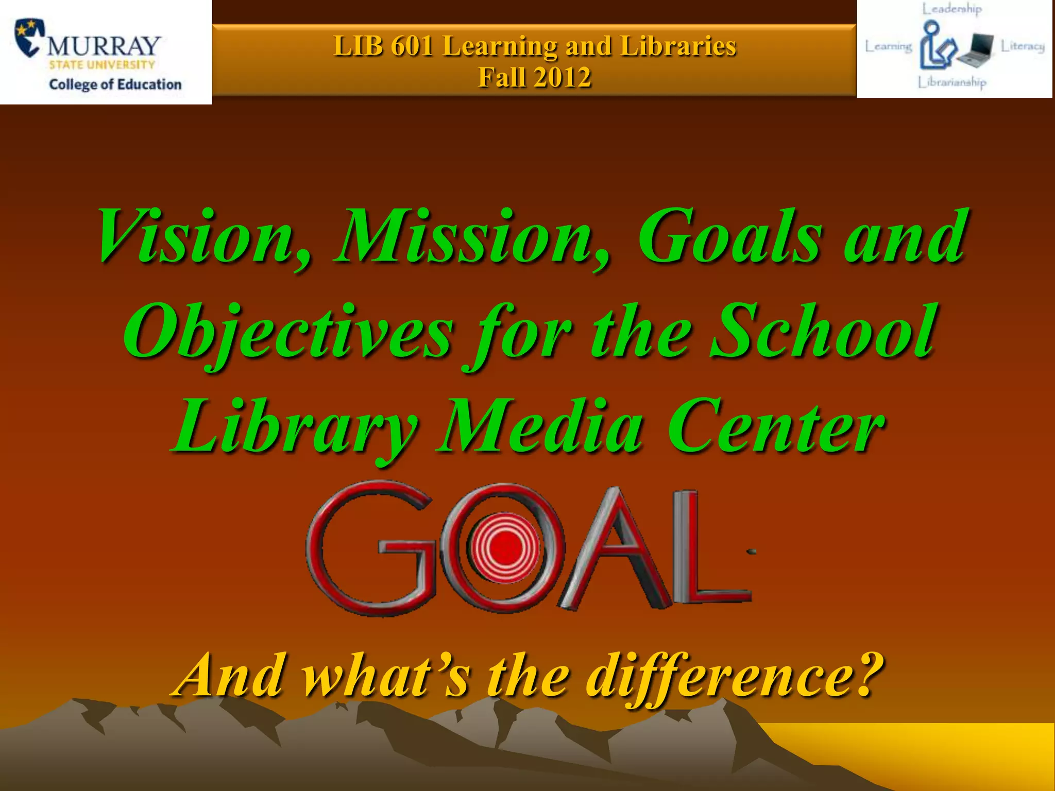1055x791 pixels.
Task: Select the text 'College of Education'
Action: pyautogui.click(x=115, y=84)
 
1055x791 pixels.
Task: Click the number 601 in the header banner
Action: pyautogui.click(x=412, y=46)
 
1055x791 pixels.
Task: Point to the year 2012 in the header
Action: pyautogui.click(x=563, y=78)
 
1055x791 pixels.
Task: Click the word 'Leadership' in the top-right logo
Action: pyautogui.click(x=952, y=9)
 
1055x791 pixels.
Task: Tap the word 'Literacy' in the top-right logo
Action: pyautogui.click(x=1023, y=46)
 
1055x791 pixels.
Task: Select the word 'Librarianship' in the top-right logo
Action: pyautogui.click(x=952, y=82)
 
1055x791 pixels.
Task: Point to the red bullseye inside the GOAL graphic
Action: pyautogui.click(x=504, y=546)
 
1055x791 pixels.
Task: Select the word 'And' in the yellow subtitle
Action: pyautogui.click(x=229, y=675)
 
